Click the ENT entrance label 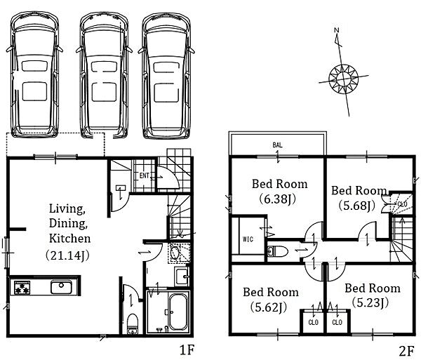(x=144, y=175)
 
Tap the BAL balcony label (x=277, y=145)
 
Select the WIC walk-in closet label (x=248, y=239)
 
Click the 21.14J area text (x=67, y=255)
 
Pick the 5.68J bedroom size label (x=356, y=206)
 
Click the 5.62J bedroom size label (x=269, y=307)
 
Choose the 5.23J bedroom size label (x=370, y=302)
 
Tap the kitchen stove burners (x=22, y=288)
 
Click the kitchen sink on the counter (x=61, y=287)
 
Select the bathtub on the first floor (x=178, y=312)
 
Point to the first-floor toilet (x=132, y=324)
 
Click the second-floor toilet (x=277, y=251)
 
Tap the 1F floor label (x=187, y=350)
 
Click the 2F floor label (x=406, y=352)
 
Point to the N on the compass (x=336, y=29)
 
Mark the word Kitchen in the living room (x=69, y=239)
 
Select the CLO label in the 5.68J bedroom (x=402, y=204)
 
